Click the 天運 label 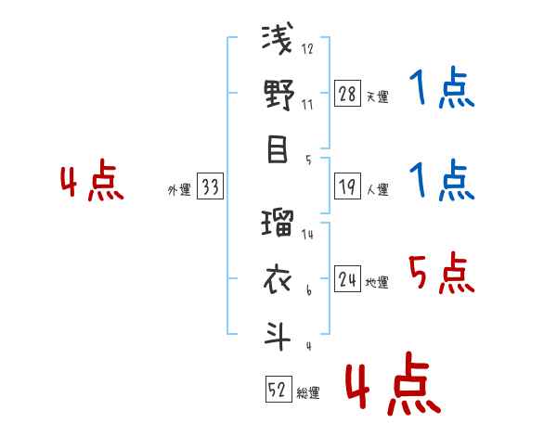click(377, 96)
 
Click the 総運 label click(307, 392)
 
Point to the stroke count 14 click(307, 235)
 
